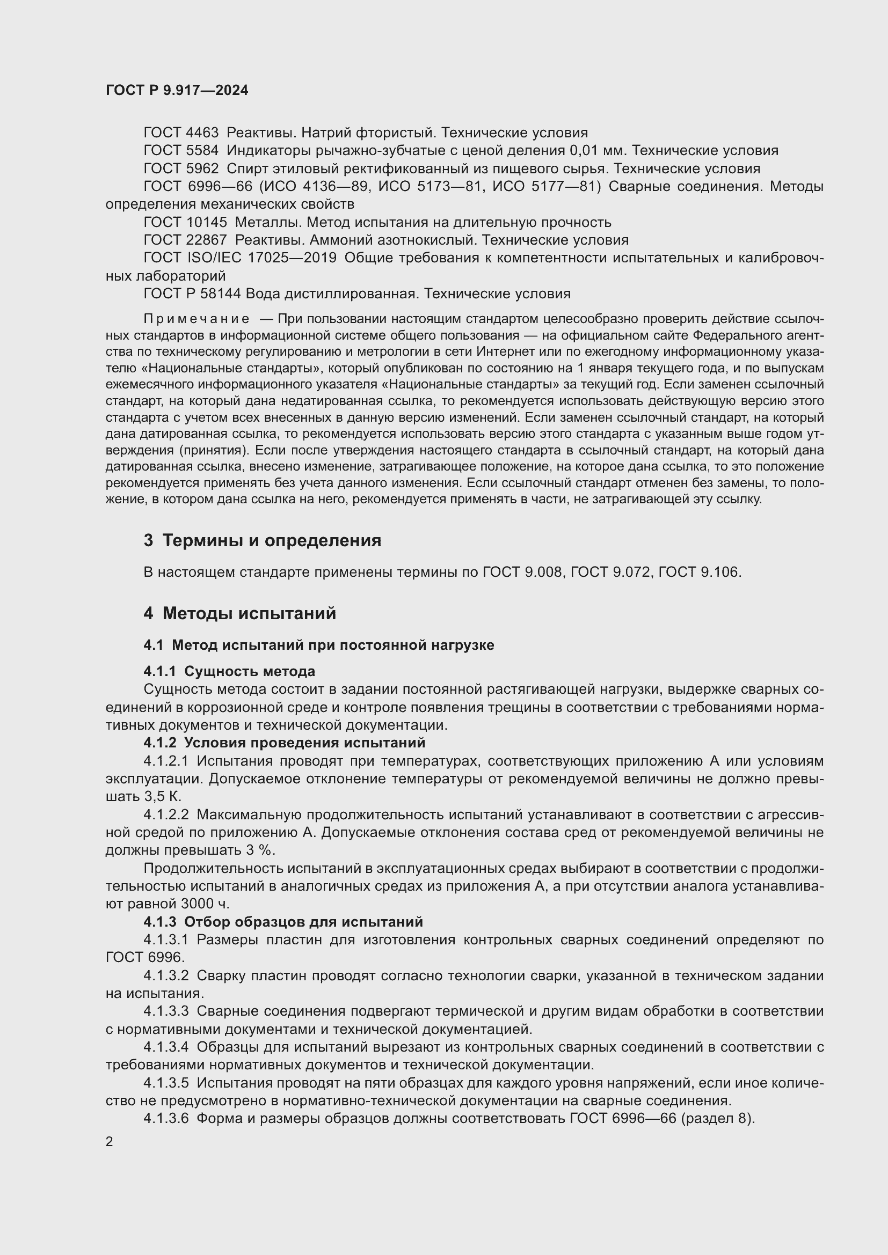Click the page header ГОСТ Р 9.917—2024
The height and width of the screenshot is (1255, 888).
(x=177, y=90)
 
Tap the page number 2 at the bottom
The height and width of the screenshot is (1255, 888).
(x=110, y=1141)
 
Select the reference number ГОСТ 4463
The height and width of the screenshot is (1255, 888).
(x=180, y=133)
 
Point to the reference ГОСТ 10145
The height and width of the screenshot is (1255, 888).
(x=185, y=223)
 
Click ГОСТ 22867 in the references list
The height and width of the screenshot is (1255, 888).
(x=185, y=240)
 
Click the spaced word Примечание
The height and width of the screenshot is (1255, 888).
(x=197, y=319)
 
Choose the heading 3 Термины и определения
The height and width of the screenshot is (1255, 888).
(x=263, y=541)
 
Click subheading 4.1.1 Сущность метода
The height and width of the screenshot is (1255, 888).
(x=229, y=671)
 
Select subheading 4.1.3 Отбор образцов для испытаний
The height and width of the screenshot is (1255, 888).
(x=283, y=922)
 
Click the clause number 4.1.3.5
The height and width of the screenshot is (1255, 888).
(x=166, y=1083)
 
